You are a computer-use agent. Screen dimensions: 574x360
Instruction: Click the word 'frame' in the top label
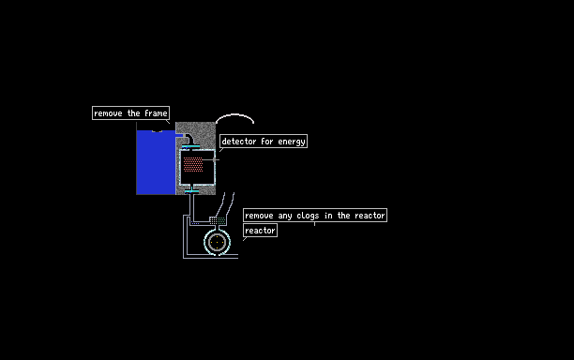coord(156,113)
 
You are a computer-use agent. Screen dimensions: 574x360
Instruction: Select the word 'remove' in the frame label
coord(108,113)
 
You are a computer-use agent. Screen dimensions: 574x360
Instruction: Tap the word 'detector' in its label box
coord(239,142)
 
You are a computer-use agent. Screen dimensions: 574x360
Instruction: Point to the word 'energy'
coord(292,142)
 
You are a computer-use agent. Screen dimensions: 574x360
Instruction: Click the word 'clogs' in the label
coord(308,216)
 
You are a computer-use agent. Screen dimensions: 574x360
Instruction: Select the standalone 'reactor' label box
coord(261,231)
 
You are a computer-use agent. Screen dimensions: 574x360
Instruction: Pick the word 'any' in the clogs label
coord(285,217)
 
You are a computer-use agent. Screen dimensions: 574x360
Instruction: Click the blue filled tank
coord(156,162)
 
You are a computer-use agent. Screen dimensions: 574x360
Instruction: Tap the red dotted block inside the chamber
coord(193,164)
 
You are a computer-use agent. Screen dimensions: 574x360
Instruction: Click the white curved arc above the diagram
coord(234,114)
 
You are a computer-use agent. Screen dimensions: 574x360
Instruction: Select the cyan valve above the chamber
coord(190,146)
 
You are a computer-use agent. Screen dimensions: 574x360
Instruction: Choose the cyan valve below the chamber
coord(191,191)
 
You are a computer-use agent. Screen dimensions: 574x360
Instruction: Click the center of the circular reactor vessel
coord(217,242)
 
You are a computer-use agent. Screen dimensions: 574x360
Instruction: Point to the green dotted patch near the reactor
coord(221,220)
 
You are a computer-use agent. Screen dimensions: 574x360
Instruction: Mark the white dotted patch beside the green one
coord(213,220)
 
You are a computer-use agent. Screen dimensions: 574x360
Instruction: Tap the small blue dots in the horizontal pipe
coord(195,223)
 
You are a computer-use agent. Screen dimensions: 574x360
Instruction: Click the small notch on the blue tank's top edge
coord(157,131)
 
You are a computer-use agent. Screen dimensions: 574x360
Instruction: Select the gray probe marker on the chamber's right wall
coord(215,159)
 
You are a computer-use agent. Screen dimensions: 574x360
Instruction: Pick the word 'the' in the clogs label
coord(343,216)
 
